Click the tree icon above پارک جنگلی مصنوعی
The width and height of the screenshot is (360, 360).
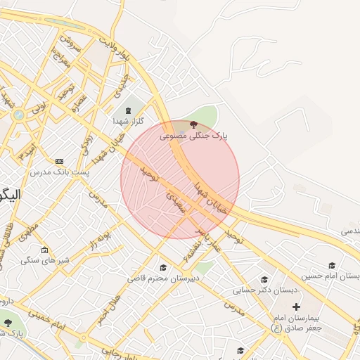193,124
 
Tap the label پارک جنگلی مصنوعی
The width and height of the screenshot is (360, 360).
193,135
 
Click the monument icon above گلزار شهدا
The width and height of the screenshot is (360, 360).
128,110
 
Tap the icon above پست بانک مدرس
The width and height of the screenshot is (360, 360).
59,162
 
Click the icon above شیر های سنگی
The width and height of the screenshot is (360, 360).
45,250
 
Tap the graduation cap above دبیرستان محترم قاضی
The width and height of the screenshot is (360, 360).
164,268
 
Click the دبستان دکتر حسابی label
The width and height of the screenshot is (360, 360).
266,289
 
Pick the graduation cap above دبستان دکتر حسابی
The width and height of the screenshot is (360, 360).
264,279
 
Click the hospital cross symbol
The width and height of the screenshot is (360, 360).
296,307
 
